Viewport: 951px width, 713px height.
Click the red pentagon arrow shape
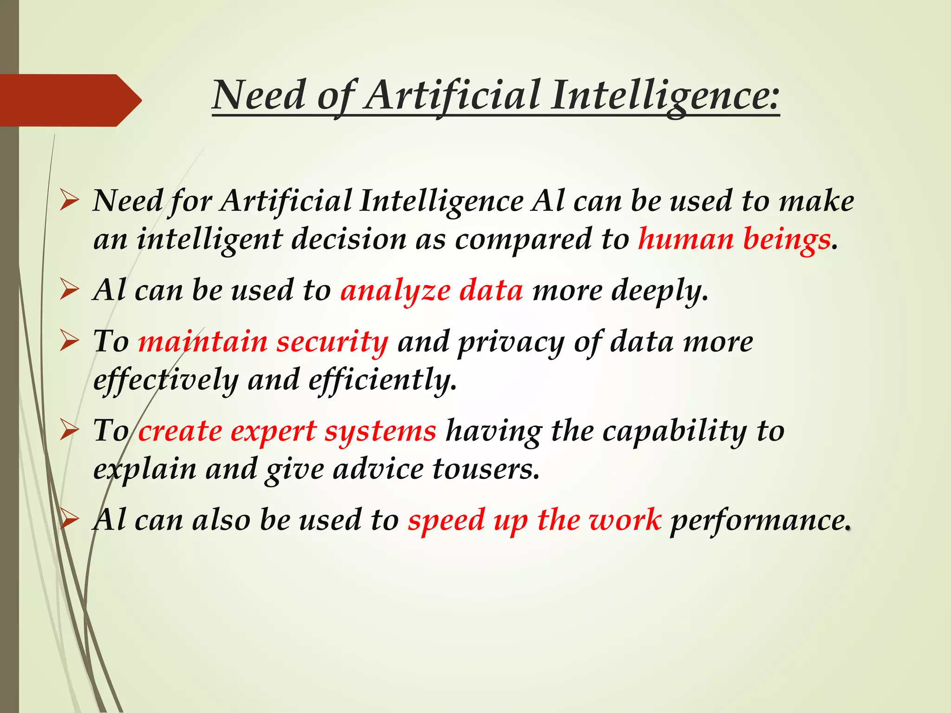(70, 100)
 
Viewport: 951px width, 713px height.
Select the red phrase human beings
(734, 240)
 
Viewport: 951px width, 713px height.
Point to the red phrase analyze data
(431, 291)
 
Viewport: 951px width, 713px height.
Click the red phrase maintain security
(263, 342)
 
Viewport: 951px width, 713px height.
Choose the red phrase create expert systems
(287, 431)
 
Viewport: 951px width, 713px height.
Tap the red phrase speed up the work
(534, 520)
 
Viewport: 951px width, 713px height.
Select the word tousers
(486, 469)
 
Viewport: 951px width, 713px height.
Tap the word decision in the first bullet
(349, 240)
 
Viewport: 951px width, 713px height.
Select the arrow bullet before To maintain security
(69, 342)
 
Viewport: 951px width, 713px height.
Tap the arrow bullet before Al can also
(69, 520)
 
